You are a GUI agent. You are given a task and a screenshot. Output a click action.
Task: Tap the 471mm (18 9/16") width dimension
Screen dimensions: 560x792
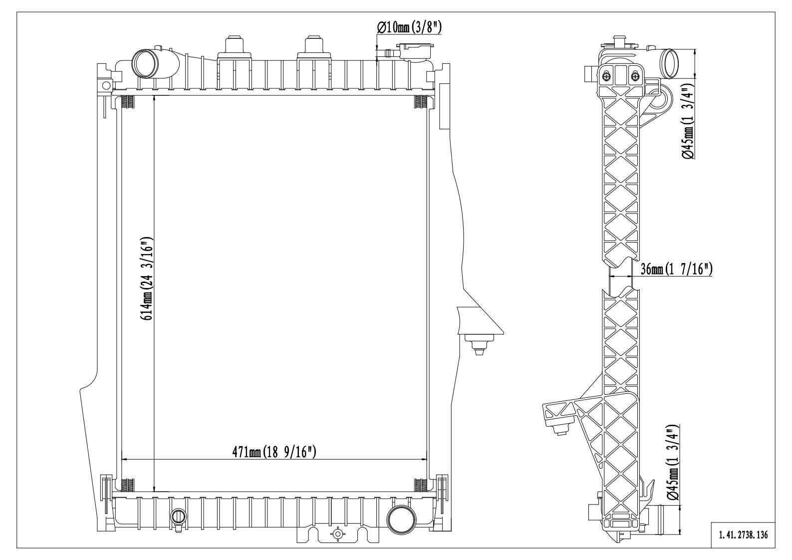tap(274, 452)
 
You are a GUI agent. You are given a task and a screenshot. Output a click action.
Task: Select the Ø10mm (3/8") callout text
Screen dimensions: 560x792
tap(409, 27)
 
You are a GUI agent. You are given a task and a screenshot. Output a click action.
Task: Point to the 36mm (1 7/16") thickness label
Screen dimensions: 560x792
tap(676, 270)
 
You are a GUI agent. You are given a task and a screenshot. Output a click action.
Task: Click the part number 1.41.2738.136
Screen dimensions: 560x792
tap(743, 535)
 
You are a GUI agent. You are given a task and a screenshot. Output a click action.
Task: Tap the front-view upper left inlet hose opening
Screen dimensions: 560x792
tap(144, 64)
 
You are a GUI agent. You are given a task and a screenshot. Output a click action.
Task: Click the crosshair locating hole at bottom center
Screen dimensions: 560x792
tap(338, 535)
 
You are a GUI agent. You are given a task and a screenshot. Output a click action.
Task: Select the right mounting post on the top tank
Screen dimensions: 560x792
tap(313, 45)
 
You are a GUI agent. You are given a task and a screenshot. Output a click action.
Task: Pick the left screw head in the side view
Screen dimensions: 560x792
tap(606, 76)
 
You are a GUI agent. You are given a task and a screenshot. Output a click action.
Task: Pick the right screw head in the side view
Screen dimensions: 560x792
tap(635, 76)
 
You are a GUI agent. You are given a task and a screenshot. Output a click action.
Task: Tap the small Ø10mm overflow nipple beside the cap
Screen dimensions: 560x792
tap(387, 52)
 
